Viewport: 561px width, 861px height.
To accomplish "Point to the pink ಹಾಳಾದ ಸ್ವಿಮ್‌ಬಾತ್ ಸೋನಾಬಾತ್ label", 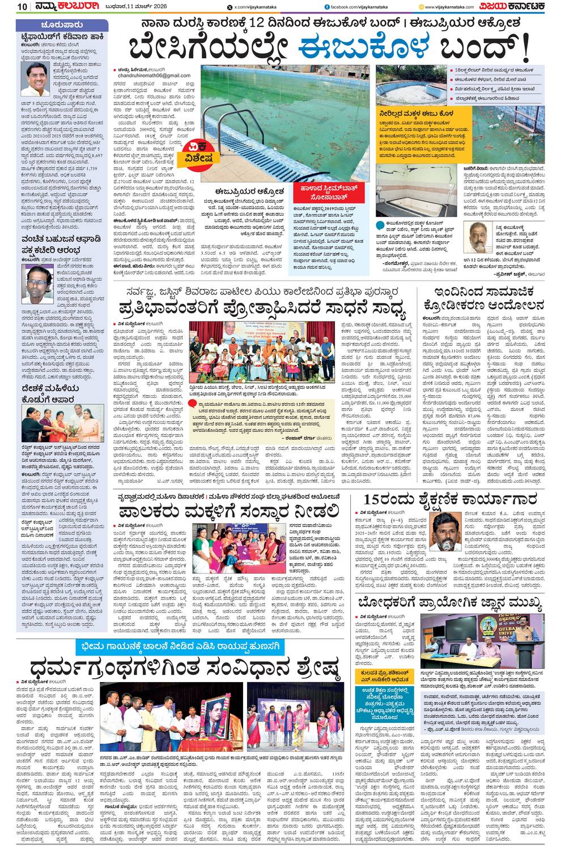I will click(x=321, y=191).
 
